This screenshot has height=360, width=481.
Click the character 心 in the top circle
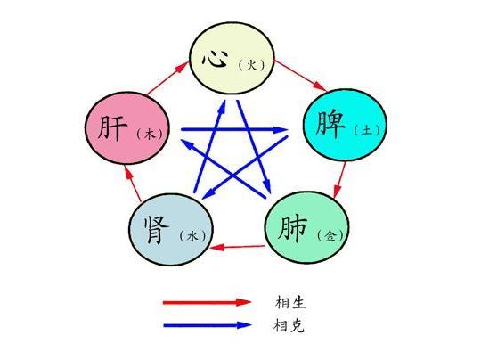215,58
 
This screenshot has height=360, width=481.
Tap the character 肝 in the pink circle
112,127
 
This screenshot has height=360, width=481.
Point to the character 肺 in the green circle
292,229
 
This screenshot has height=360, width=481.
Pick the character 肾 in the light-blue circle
157,229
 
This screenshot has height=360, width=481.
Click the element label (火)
251,65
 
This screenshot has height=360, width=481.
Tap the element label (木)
149,135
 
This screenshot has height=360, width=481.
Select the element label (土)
367,130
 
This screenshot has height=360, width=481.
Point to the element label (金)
330,236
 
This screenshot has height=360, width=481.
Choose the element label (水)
192,236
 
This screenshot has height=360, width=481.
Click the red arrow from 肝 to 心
167,78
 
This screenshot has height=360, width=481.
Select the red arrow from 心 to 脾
301,76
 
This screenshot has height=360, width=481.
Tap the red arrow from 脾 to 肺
340,180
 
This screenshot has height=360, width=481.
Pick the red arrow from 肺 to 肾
237,247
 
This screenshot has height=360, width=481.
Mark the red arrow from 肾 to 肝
133,184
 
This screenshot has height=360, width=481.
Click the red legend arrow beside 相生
207,302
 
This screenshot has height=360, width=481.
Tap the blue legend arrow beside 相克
208,325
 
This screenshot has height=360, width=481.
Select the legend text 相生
290,302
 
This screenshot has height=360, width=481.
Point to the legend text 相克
289,325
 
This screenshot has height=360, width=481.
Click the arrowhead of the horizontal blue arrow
281,130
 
